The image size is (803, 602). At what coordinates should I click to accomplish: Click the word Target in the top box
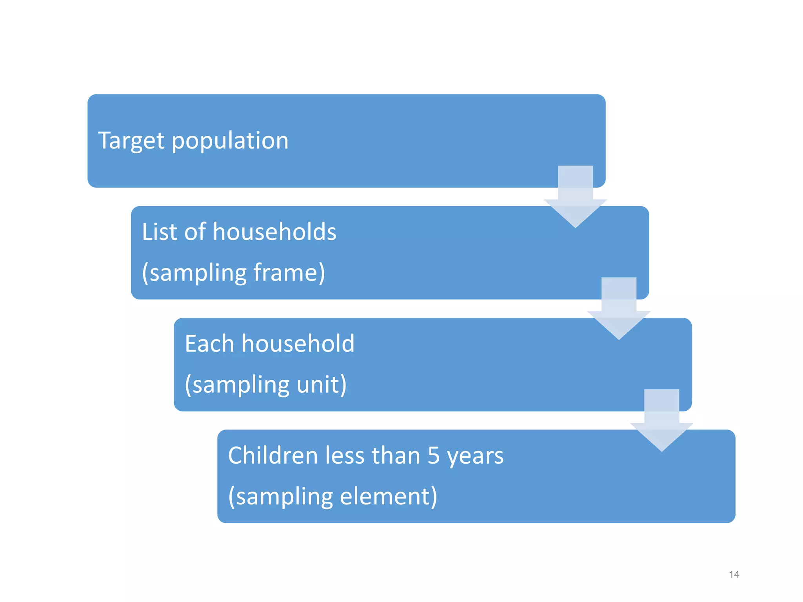pyautogui.click(x=131, y=141)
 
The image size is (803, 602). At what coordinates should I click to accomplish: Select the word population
pyautogui.click(x=230, y=141)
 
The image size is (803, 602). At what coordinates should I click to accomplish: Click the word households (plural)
pyautogui.click(x=274, y=232)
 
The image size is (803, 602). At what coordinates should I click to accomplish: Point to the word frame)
pyautogui.click(x=289, y=272)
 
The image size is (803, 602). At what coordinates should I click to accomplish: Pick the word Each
pyautogui.click(x=209, y=344)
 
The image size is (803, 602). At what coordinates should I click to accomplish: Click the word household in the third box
pyautogui.click(x=298, y=344)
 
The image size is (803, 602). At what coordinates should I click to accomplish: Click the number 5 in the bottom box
pyautogui.click(x=434, y=456)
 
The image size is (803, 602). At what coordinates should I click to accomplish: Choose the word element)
pyautogui.click(x=388, y=496)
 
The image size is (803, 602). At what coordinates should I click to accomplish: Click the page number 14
pyautogui.click(x=734, y=575)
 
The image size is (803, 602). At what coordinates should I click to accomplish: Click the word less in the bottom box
pyautogui.click(x=345, y=455)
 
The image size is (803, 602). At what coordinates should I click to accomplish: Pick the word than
pyautogui.click(x=396, y=455)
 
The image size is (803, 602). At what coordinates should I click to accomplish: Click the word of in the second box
pyautogui.click(x=195, y=232)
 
